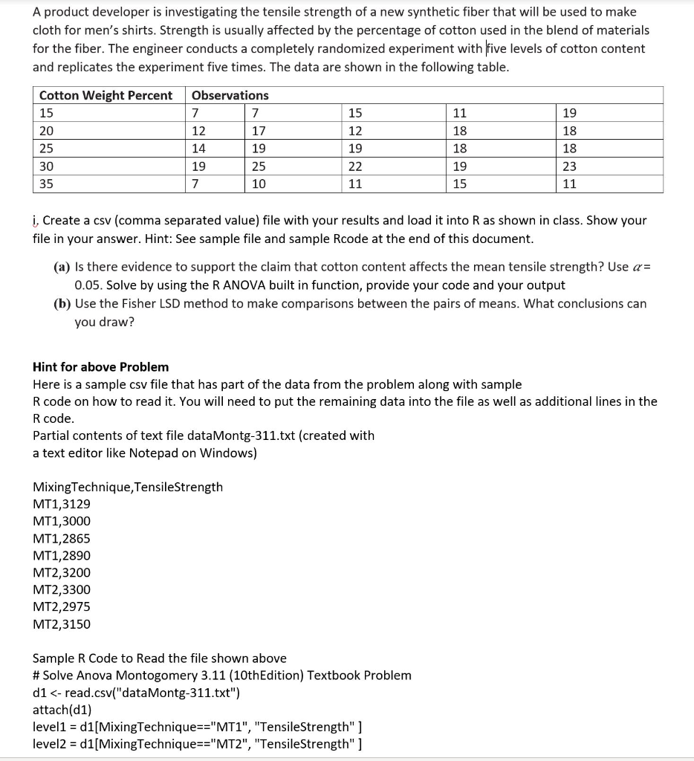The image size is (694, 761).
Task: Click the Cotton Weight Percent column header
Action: [106, 95]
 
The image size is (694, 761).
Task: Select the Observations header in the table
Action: [230, 95]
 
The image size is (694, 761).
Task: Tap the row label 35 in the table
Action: [46, 184]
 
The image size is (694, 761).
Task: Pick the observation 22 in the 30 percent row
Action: [355, 166]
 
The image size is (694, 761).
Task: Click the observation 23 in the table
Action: [569, 166]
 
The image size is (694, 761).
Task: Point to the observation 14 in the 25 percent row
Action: [199, 149]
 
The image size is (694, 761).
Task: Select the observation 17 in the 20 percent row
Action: [259, 131]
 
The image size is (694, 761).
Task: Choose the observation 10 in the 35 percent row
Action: [259, 184]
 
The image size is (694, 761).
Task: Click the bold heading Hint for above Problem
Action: [100, 367]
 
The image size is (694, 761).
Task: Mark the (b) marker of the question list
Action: [62, 303]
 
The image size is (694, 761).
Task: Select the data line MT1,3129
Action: [62, 504]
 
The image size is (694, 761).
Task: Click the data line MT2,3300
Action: [62, 590]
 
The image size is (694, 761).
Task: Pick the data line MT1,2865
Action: [62, 539]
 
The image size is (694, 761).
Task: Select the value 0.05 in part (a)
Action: [88, 285]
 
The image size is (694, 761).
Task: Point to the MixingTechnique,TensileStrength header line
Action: [128, 487]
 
